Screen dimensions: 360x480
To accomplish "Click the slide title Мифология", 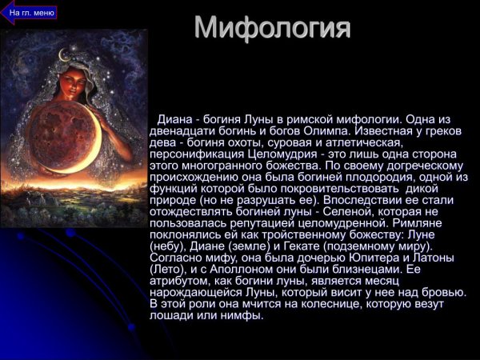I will pyautogui.click(x=273, y=27).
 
